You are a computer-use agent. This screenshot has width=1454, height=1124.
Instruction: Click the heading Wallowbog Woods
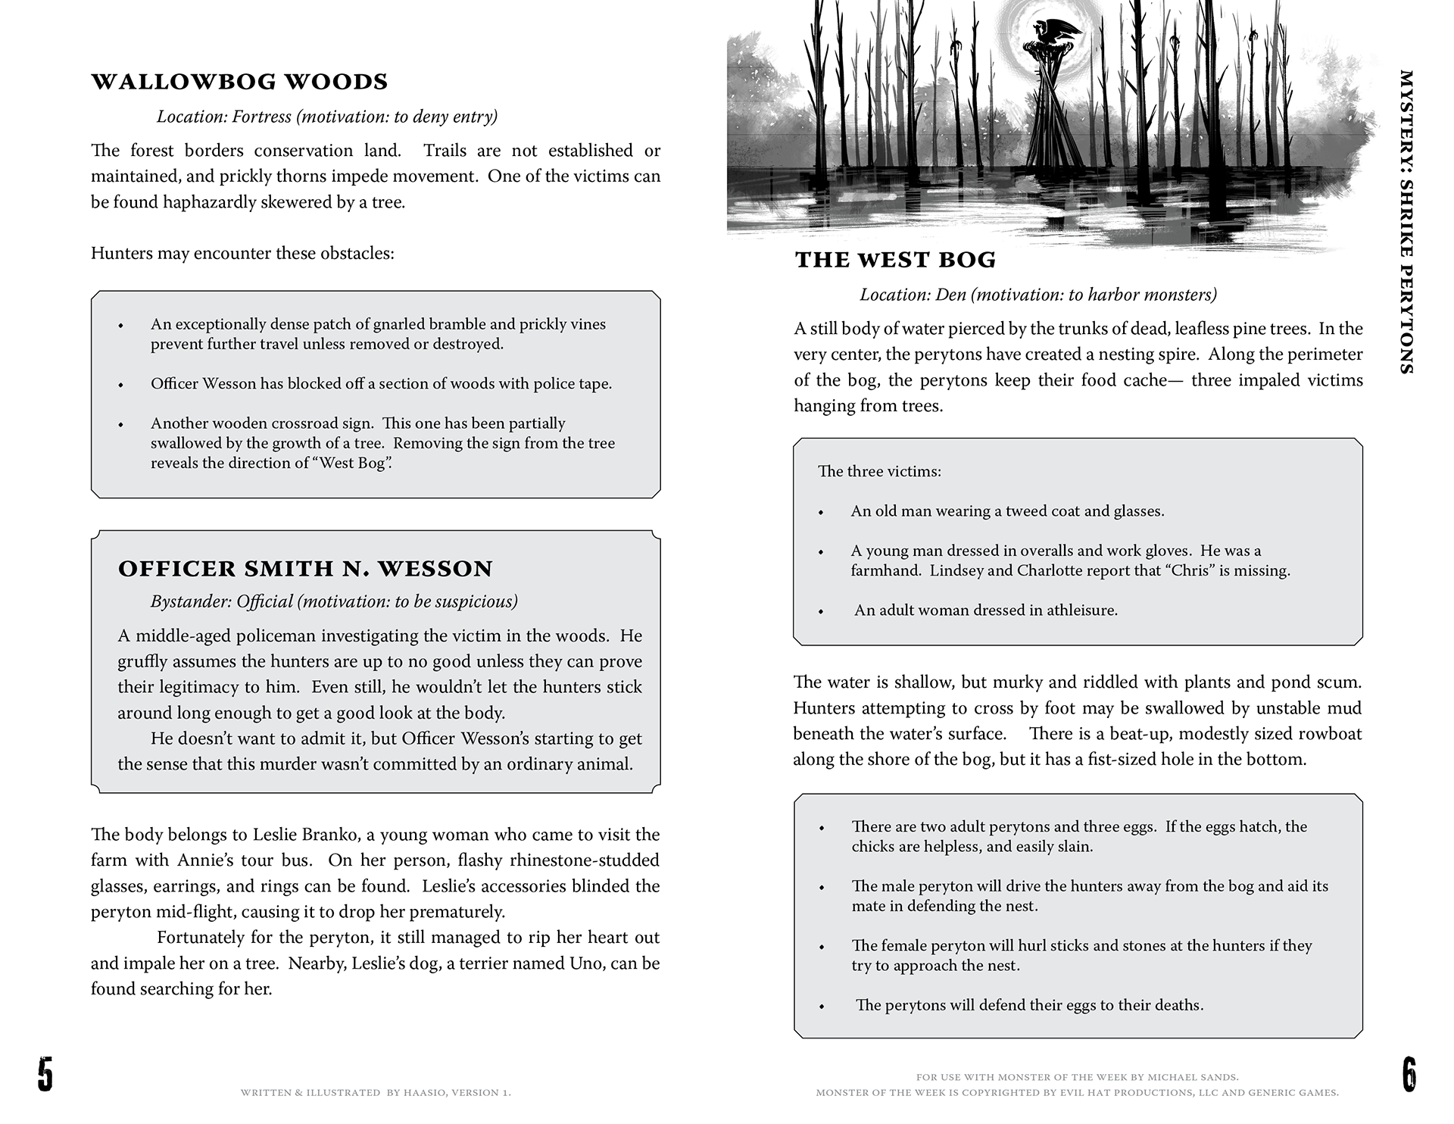(x=239, y=82)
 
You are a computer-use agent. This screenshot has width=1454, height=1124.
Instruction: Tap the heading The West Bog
(x=895, y=260)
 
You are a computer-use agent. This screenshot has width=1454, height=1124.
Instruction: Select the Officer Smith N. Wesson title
(x=305, y=569)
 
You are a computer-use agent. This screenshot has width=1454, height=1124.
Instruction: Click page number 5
(x=45, y=1076)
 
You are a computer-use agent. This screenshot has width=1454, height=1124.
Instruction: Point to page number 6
(x=1409, y=1076)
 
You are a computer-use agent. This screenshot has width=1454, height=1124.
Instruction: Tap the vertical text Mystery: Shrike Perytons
(x=1406, y=222)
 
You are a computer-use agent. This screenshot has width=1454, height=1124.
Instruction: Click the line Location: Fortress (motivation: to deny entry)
(x=327, y=117)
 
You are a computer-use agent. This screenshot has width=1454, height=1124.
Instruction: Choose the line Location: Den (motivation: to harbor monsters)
(x=1038, y=295)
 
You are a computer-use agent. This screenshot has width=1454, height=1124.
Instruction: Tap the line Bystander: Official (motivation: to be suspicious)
(x=334, y=601)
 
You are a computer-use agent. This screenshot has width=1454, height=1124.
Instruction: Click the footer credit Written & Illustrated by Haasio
(x=376, y=1093)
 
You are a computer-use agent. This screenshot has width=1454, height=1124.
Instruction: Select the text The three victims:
(x=879, y=472)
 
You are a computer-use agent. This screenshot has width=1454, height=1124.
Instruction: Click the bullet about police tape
(x=381, y=384)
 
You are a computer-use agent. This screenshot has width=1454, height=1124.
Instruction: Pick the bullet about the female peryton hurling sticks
(x=1081, y=955)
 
